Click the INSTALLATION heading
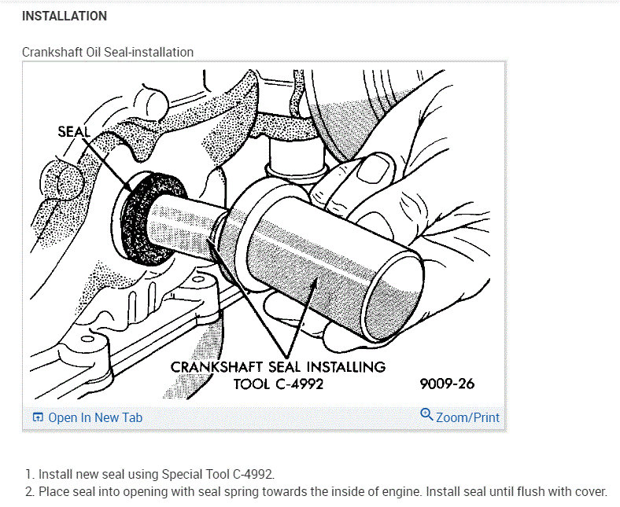[x=65, y=16]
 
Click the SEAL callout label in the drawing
[x=75, y=131]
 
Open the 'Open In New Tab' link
[x=95, y=417]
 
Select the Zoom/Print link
[x=467, y=417]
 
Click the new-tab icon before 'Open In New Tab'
[x=38, y=417]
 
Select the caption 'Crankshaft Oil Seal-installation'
[x=108, y=53]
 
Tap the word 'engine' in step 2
[x=389, y=492]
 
